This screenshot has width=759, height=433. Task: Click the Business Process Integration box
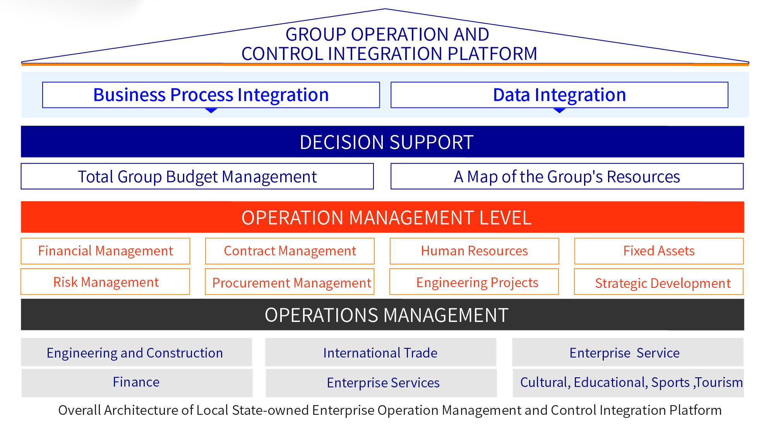coord(211,95)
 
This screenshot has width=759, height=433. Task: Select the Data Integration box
coord(559,95)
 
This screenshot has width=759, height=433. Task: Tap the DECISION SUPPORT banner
coord(382,142)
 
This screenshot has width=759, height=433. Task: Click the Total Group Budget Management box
coord(197,176)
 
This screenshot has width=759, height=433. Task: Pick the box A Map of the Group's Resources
coord(567,176)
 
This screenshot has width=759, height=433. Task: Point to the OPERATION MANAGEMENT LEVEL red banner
coord(382,217)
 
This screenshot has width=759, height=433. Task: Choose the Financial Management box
coord(105,251)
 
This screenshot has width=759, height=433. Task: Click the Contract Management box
coord(290,251)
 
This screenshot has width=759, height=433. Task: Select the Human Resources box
coord(475,251)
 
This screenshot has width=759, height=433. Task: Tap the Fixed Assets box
coord(659,251)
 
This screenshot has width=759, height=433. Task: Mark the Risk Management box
coord(105,282)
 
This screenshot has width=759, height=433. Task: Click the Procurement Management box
coord(290,282)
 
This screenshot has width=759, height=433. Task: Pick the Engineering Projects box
coord(474,282)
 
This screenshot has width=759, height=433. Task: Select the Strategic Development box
coord(659,282)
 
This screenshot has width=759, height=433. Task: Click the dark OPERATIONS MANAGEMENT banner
coord(382,315)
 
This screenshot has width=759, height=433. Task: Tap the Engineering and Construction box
coord(137,352)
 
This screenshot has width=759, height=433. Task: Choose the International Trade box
coord(381,352)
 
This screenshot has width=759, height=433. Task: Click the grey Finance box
coord(137,383)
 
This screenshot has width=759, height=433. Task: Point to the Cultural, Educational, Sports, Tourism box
coord(628,383)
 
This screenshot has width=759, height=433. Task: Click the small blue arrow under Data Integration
coord(559,110)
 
